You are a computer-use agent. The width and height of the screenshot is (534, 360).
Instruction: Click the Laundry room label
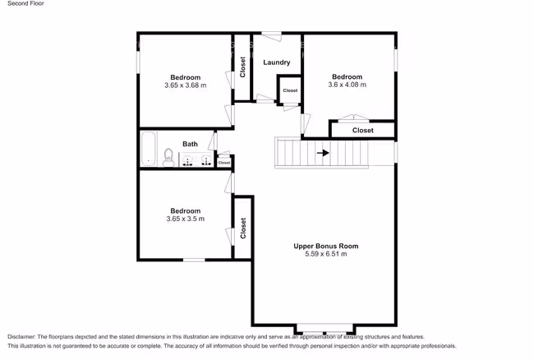(277, 62)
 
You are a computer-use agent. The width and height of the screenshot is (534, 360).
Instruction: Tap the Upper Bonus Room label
(326, 246)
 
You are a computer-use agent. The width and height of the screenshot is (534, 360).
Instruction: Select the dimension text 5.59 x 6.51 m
(326, 254)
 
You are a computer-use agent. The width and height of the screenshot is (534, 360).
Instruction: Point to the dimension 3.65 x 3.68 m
(186, 85)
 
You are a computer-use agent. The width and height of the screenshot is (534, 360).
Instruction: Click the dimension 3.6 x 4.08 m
(347, 85)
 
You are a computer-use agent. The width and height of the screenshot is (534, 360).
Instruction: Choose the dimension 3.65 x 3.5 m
(186, 219)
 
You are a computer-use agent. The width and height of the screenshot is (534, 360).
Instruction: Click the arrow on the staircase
(323, 153)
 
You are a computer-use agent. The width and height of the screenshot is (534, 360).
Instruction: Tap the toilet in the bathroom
(168, 157)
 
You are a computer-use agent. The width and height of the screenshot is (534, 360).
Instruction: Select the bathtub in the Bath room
(149, 149)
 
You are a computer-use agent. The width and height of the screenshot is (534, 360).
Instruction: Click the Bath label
(190, 144)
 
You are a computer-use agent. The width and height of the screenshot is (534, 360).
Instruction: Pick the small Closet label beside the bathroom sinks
(224, 163)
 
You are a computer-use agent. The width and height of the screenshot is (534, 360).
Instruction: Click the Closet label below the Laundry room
(290, 90)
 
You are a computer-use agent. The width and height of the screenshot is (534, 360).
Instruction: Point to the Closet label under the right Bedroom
(362, 131)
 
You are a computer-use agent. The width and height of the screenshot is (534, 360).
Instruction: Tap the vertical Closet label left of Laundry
(242, 67)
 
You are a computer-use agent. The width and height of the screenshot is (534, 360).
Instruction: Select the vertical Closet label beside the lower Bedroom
(243, 228)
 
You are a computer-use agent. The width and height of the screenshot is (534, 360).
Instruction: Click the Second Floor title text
(26, 3)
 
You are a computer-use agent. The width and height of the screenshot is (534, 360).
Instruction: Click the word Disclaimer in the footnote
(21, 337)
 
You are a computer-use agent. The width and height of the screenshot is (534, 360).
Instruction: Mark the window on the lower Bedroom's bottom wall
(194, 261)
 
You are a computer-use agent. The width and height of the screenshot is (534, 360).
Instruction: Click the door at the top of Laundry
(271, 36)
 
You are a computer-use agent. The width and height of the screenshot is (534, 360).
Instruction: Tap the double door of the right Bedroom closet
(354, 118)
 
